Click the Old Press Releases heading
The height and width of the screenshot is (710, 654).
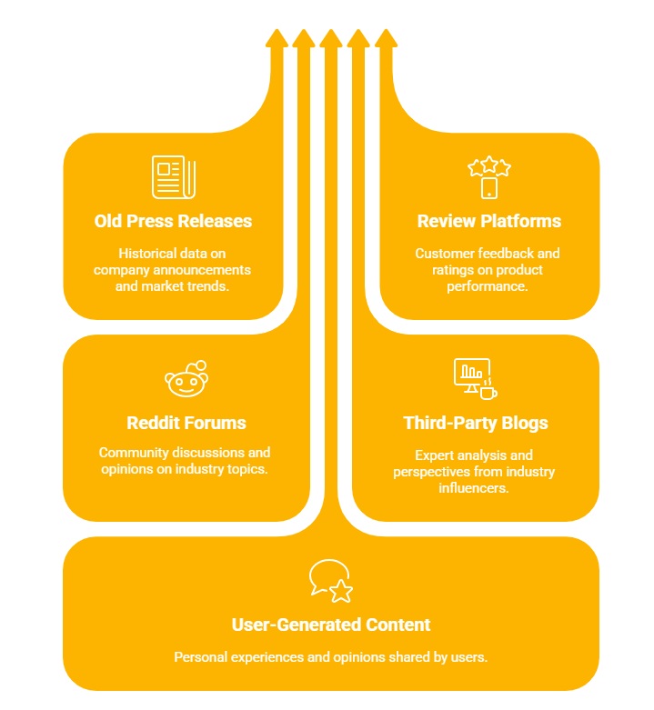pyautogui.click(x=173, y=221)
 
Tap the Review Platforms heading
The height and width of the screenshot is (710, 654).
pyautogui.click(x=488, y=221)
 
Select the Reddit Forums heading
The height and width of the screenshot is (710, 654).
pyautogui.click(x=186, y=423)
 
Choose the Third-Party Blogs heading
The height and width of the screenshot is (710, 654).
pyautogui.click(x=475, y=423)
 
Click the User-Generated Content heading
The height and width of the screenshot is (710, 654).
pyautogui.click(x=331, y=625)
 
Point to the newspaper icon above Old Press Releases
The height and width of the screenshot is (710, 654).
pyautogui.click(x=173, y=177)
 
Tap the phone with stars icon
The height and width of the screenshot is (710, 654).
pyautogui.click(x=489, y=177)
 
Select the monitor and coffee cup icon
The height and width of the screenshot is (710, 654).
pyautogui.click(x=475, y=378)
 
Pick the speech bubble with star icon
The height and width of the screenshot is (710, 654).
pyautogui.click(x=331, y=581)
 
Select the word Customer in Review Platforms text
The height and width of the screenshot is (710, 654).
pyautogui.click(x=445, y=254)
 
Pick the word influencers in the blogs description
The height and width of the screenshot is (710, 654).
pyautogui.click(x=474, y=488)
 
